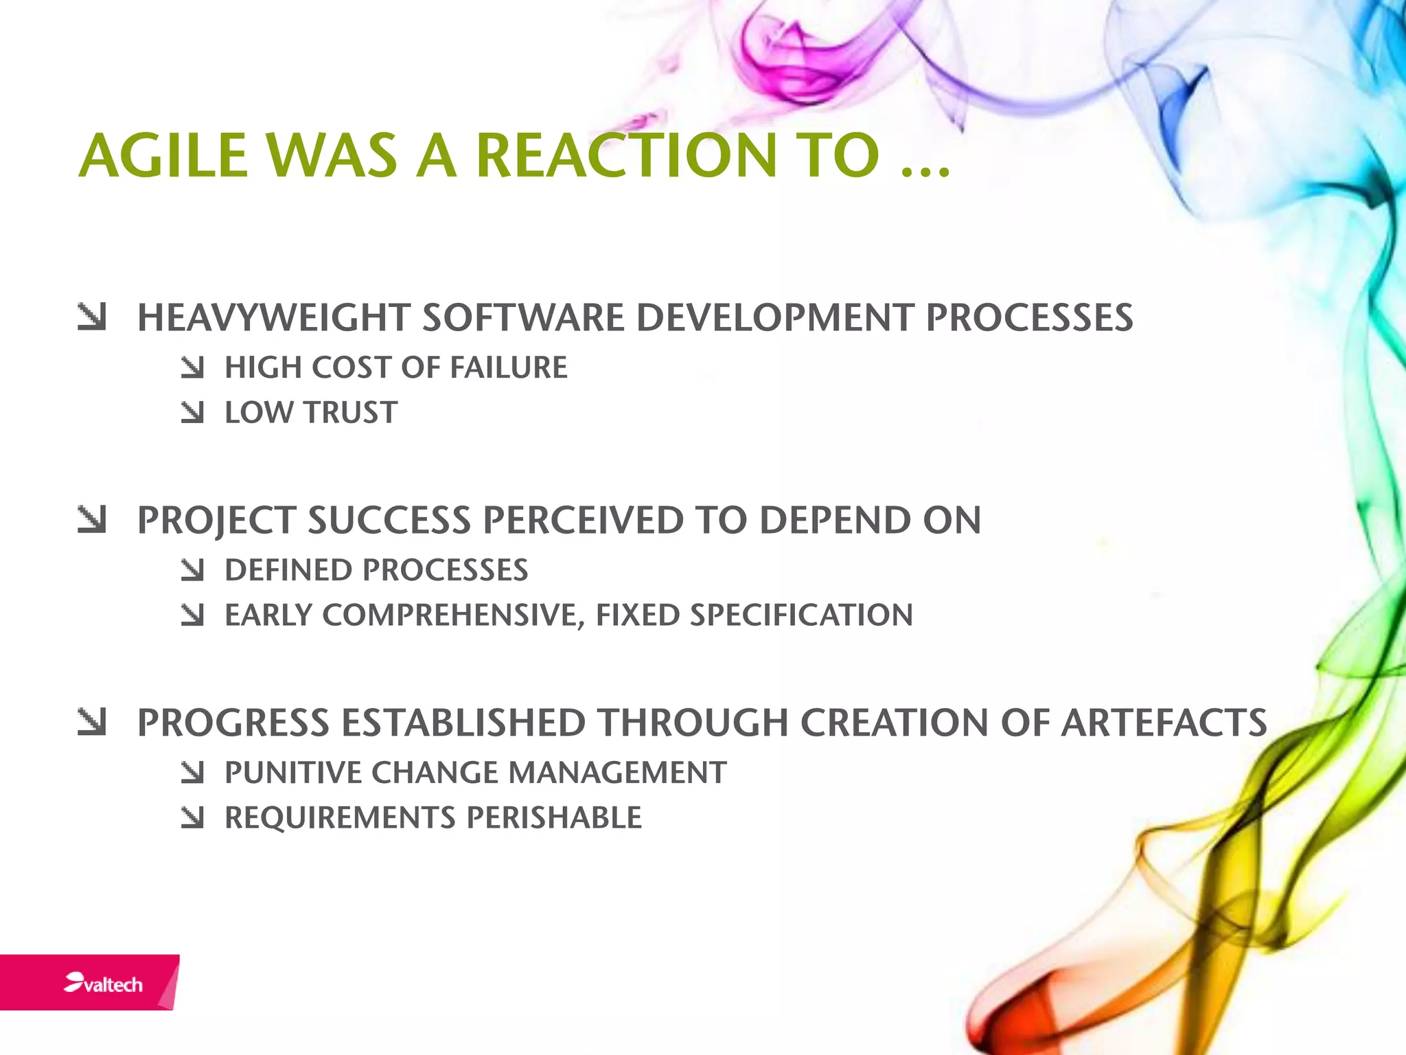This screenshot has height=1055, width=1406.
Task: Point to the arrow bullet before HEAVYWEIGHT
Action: tap(92, 317)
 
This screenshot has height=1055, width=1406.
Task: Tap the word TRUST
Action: tap(351, 413)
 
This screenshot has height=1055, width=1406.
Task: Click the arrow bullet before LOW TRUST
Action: tap(193, 413)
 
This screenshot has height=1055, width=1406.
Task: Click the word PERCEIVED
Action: tap(583, 520)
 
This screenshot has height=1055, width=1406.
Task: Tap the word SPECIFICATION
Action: tap(801, 615)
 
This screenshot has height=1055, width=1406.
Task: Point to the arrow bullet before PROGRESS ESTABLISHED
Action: tap(92, 723)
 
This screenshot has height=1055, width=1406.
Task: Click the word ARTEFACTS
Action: tap(1164, 723)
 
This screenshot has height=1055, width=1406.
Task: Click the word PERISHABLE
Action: tap(554, 818)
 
